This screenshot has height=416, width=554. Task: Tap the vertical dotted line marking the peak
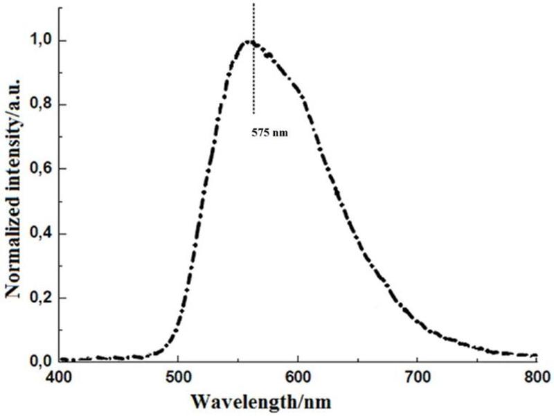point(254,69)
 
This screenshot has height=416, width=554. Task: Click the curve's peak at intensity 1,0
point(249,42)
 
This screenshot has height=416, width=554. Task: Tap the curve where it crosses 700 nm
point(417,324)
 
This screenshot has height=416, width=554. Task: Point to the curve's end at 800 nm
point(535,356)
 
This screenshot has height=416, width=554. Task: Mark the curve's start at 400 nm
point(60,359)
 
